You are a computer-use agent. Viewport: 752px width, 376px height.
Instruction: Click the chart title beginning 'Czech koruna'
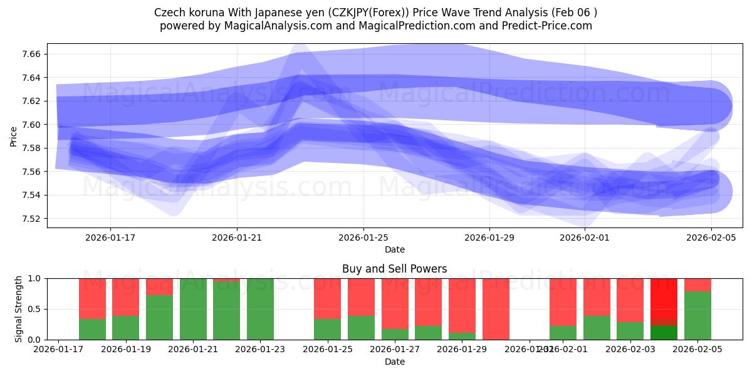(375, 13)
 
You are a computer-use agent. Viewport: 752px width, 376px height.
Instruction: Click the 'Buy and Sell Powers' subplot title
(394, 269)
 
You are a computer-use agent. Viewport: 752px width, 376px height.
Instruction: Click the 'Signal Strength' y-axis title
(19, 308)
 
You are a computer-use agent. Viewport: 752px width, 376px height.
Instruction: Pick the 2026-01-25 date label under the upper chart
(363, 238)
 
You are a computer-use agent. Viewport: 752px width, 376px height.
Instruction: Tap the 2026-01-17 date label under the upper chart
(110, 238)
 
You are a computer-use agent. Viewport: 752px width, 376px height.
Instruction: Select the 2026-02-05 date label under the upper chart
(711, 238)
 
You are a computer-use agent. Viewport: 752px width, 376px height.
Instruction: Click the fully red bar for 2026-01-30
(496, 309)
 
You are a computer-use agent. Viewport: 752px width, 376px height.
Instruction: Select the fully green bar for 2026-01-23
(260, 309)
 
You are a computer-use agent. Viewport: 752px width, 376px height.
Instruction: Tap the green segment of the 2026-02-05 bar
(697, 316)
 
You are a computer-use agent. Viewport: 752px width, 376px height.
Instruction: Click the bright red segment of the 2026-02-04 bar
(664, 298)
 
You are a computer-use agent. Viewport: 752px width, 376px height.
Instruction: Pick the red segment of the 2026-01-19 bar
(126, 296)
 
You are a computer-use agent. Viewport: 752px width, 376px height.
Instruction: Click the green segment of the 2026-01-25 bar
(327, 330)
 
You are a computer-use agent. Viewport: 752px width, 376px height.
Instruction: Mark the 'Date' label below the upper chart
(394, 249)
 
